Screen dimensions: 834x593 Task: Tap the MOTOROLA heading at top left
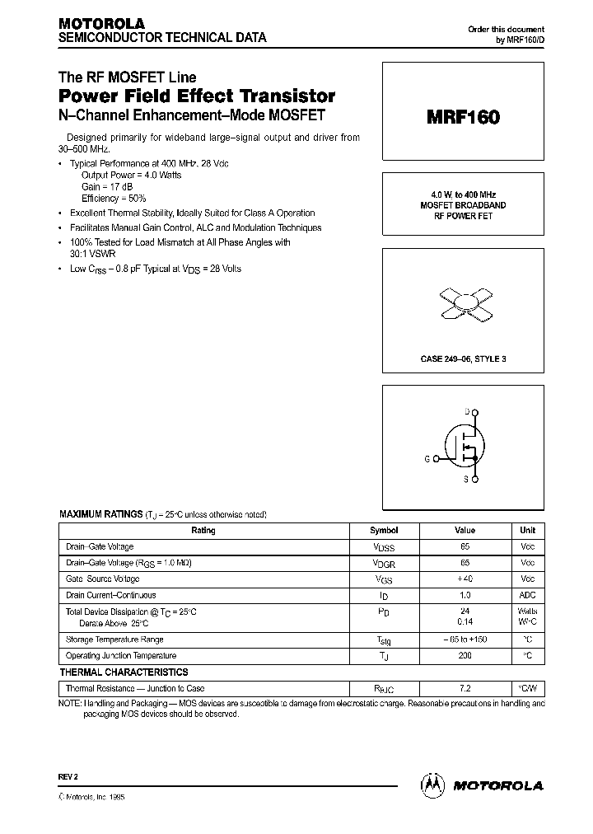pyautogui.click(x=101, y=23)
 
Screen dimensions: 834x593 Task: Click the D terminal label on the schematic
pyautogui.click(x=467, y=410)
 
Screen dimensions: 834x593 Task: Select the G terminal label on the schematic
pyautogui.click(x=427, y=457)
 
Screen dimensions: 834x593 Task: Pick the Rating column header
pyautogui.click(x=203, y=531)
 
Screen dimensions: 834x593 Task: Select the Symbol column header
pyautogui.click(x=384, y=531)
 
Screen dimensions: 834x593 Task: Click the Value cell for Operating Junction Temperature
pyautogui.click(x=465, y=656)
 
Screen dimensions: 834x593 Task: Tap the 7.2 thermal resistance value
pyautogui.click(x=465, y=688)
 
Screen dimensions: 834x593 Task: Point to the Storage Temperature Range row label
pyautogui.click(x=114, y=640)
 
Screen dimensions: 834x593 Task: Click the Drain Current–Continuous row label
pyautogui.click(x=111, y=595)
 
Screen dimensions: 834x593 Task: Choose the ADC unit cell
pyautogui.click(x=527, y=595)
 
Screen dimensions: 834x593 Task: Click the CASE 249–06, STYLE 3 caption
pyautogui.click(x=463, y=358)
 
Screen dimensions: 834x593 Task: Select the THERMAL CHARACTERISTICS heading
pyautogui.click(x=124, y=672)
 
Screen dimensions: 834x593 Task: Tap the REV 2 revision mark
pyautogui.click(x=68, y=777)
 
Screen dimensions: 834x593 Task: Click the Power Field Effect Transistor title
pyautogui.click(x=196, y=96)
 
